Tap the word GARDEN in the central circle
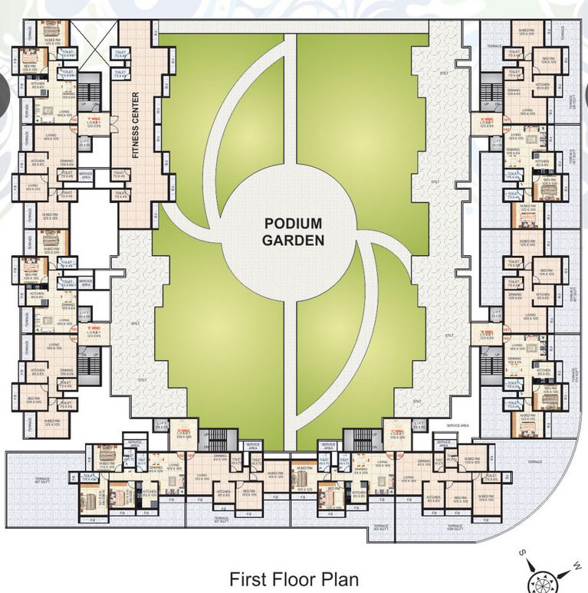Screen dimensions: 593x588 [x=294, y=239]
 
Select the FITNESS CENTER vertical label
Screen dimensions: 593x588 [x=136, y=126]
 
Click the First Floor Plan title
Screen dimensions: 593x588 [x=294, y=578]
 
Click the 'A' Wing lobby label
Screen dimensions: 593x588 [x=486, y=122]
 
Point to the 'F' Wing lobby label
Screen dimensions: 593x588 [x=94, y=122]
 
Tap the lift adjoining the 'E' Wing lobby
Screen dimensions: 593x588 [x=85, y=315]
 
